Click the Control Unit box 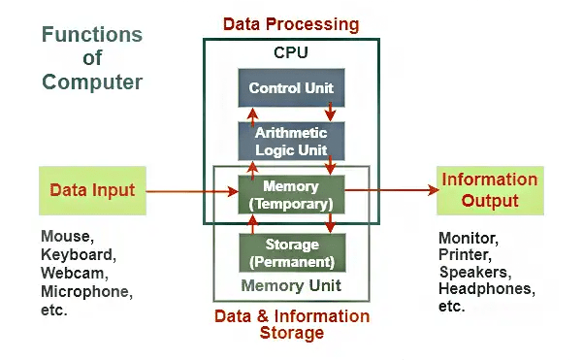(291, 88)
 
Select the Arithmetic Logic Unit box (291, 141)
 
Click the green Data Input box (92, 190)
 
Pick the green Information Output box (489, 190)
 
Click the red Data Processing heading (291, 23)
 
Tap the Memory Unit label (291, 286)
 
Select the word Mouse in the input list (63, 237)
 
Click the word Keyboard (74, 254)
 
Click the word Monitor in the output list (468, 238)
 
